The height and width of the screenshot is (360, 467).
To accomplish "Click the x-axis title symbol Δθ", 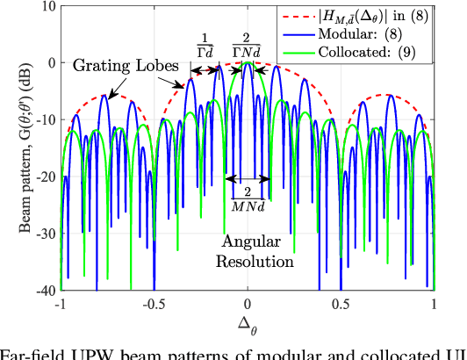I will coord(248,321).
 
